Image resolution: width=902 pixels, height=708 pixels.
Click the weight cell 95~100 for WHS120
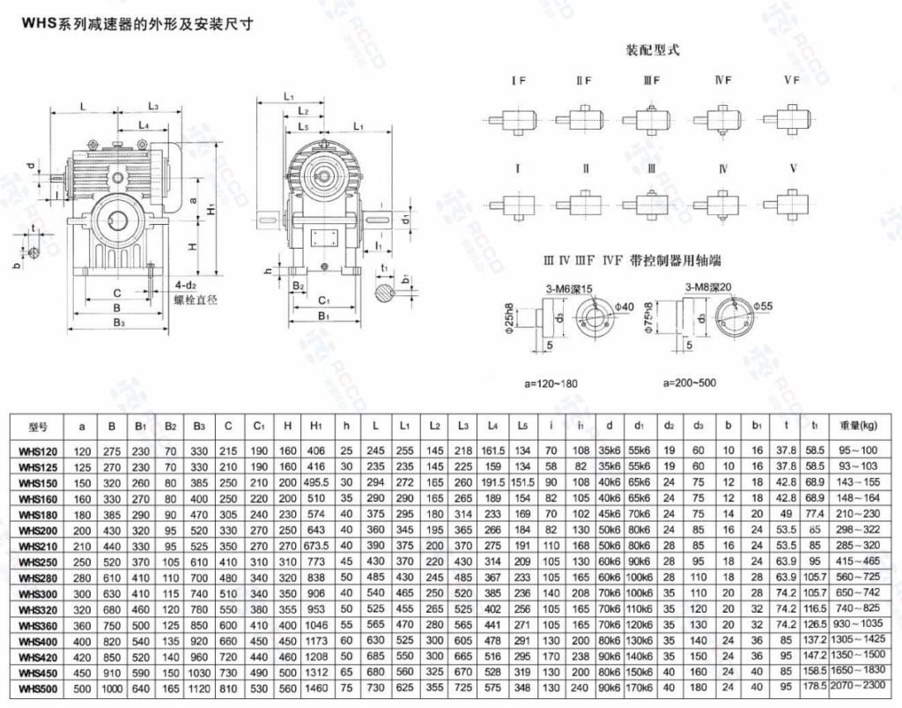[x=861, y=451]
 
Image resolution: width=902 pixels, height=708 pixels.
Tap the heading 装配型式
[x=652, y=50]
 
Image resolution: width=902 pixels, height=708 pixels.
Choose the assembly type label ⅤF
[x=790, y=80]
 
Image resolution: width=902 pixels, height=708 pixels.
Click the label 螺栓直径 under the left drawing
[x=196, y=300]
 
